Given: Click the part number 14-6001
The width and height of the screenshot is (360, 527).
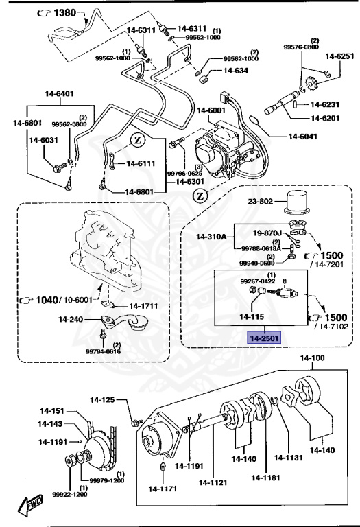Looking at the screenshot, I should tap(211, 110).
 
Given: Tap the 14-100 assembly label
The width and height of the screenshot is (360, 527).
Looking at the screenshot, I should tap(313, 358).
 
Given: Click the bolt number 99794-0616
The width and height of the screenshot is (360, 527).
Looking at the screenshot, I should tap(103, 351).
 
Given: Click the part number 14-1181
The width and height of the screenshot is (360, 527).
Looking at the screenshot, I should tap(266, 478).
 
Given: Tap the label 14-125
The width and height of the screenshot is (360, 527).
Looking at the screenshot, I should tap(104, 399).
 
